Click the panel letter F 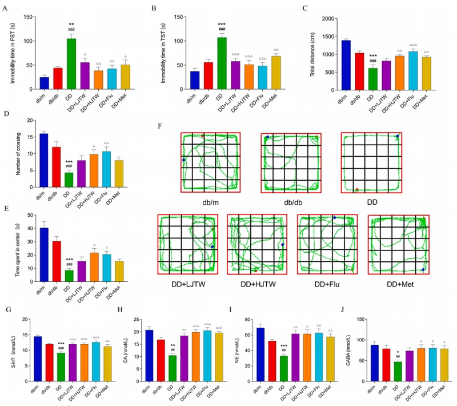click(x=162, y=124)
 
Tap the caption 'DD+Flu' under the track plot click(x=327, y=284)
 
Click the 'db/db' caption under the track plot click(x=291, y=202)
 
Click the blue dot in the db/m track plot click(x=184, y=160)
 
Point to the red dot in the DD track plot click(x=357, y=189)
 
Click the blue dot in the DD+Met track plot click(x=423, y=269)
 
